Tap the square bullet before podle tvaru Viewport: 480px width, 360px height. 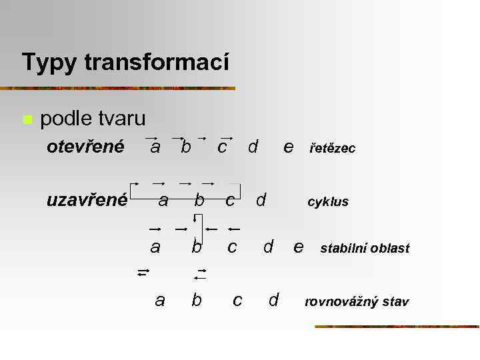(27, 120)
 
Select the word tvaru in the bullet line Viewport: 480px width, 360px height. (123, 119)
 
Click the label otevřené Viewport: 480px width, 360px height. (85, 146)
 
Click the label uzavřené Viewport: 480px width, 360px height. (87, 199)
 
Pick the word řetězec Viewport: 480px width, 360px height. (333, 149)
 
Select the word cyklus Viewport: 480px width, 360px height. (327, 201)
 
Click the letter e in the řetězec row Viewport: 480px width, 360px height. (288, 147)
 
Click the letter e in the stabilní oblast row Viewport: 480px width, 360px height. (299, 247)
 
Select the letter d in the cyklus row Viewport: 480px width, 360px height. (261, 199)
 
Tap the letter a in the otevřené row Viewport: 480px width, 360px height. (155, 147)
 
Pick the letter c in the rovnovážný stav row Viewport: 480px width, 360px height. (237, 301)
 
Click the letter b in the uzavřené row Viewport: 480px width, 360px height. (199, 199)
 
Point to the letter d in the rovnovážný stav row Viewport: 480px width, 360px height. (273, 301)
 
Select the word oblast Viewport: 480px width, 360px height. (391, 249)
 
